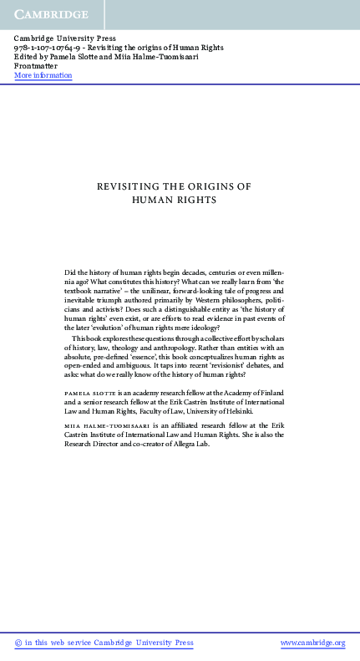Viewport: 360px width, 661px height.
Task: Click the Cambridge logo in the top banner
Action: [x=50, y=14]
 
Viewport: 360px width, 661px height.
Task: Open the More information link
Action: [x=43, y=76]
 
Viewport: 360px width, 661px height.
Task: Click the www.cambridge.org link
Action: [x=312, y=643]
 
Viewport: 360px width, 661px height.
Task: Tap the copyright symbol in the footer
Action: [x=18, y=643]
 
